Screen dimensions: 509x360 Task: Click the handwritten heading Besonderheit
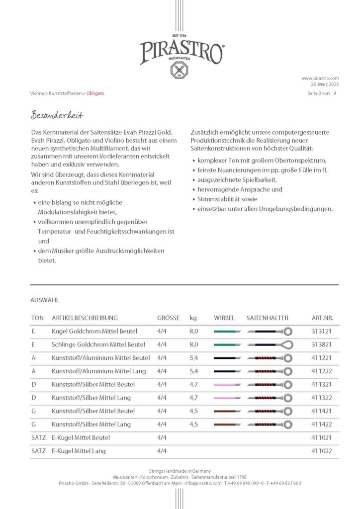pos(57,115)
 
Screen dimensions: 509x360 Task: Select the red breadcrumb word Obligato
pos(95,93)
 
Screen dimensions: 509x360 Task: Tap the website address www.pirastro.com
pos(320,78)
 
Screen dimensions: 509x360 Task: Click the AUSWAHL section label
pos(45,300)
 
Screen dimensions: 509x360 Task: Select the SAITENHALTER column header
pos(267,318)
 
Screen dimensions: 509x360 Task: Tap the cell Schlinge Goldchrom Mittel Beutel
pos(98,344)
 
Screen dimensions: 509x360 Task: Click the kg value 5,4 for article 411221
pos(194,358)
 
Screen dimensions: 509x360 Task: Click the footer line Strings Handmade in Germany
pos(180,471)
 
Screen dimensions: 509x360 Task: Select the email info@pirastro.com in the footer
pos(201,483)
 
